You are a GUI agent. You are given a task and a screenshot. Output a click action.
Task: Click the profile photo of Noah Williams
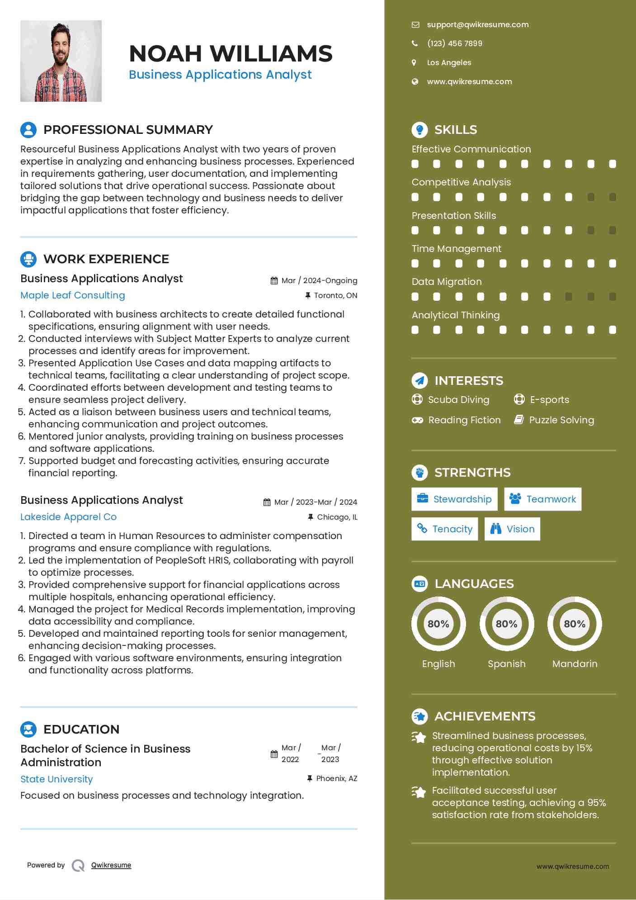pos(61,61)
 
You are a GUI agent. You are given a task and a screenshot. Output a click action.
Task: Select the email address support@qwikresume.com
pos(477,25)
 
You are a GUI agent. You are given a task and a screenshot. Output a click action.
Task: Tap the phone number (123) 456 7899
pos(454,43)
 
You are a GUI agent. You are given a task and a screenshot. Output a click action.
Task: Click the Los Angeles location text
pos(449,63)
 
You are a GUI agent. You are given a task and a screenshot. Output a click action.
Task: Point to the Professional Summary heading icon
pos(28,130)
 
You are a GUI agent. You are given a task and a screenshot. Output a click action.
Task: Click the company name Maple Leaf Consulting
pos(73,295)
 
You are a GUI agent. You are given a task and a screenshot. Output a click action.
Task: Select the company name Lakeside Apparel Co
pos(68,517)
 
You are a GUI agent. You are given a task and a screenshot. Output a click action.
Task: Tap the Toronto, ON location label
pos(335,296)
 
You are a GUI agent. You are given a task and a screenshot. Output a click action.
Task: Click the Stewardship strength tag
pos(454,499)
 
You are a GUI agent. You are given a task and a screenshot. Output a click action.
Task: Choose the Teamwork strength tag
pos(542,499)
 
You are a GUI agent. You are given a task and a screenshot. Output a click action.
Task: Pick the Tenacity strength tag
pos(445,529)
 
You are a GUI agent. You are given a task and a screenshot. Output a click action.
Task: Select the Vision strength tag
pos(512,529)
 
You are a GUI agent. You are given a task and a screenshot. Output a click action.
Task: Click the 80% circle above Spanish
pos(507,624)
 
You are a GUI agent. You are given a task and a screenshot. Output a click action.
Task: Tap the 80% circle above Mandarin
pos(575,624)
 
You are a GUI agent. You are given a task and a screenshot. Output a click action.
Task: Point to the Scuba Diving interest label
pos(458,400)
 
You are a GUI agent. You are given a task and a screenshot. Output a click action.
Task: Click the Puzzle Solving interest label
pos(561,420)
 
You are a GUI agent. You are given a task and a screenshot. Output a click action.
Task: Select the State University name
pos(57,779)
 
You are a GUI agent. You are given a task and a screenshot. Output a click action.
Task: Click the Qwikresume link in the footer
pos(111,865)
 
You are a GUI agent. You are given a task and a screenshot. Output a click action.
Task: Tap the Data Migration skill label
pos(447,282)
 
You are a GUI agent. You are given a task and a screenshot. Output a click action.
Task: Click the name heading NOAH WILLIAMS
pos(231,54)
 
